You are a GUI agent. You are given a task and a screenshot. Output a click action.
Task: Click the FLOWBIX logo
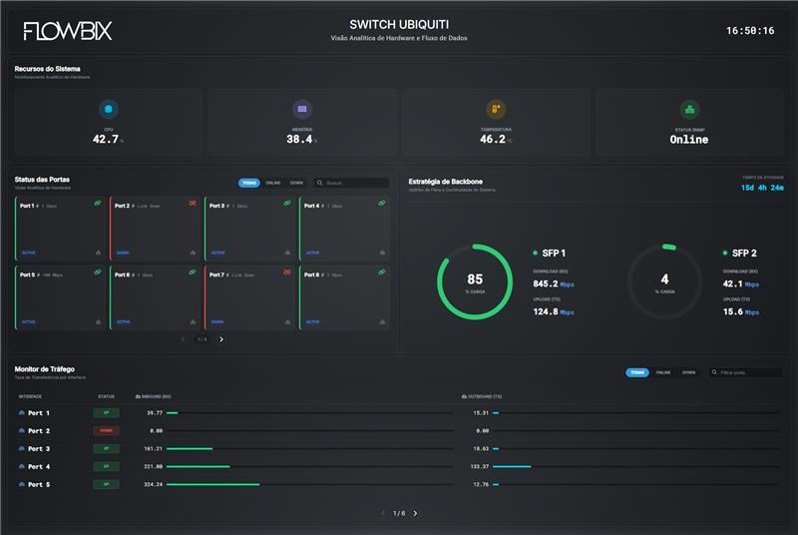68,31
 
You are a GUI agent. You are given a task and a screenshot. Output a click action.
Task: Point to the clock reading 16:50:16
750,31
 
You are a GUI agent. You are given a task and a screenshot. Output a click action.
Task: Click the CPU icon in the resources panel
109,110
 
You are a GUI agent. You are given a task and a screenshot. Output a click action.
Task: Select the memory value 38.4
299,140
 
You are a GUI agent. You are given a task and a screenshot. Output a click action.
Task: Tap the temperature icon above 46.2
495,110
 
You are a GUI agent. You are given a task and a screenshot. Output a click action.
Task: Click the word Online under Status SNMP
688,140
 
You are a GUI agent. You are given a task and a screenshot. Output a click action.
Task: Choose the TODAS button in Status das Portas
248,183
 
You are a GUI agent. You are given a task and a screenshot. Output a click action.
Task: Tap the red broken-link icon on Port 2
193,203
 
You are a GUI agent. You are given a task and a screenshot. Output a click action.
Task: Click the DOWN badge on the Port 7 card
216,322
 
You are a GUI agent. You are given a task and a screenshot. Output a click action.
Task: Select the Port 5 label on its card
27,274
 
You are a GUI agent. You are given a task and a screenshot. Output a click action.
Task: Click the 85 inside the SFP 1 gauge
475,279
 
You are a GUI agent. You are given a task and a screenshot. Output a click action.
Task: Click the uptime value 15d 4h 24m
761,187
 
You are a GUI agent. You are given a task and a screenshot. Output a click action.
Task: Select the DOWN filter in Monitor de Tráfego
688,372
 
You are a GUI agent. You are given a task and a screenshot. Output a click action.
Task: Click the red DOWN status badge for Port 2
106,430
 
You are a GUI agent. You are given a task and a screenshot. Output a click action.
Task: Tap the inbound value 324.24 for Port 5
153,484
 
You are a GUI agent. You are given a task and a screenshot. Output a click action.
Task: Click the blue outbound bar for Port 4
512,466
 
